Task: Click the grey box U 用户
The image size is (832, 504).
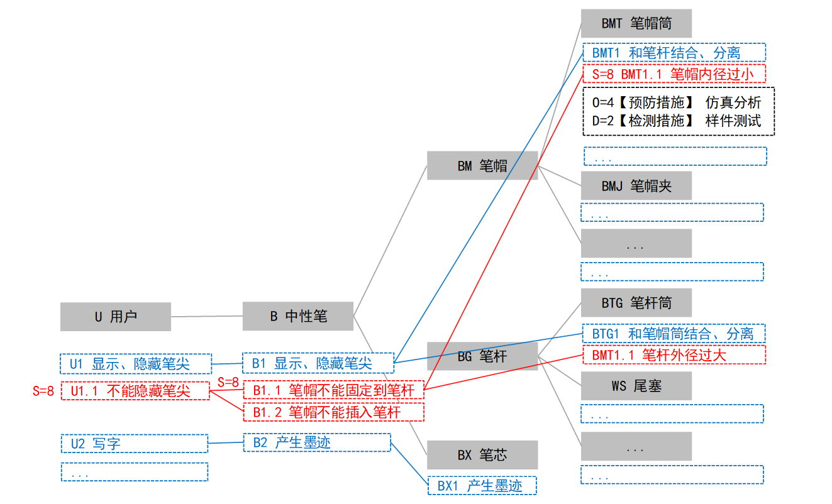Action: [116, 317]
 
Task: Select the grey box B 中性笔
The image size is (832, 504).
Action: [298, 316]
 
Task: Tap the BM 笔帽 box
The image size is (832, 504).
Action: [482, 166]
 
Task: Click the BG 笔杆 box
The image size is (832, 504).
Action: [482, 356]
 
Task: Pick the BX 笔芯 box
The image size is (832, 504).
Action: [482, 455]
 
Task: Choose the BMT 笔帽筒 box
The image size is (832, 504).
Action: [636, 23]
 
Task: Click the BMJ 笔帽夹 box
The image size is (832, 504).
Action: [636, 186]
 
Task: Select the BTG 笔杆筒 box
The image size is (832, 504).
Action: [636, 303]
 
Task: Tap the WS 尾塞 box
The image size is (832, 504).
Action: [636, 386]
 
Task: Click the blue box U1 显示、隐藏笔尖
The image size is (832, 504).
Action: [134, 364]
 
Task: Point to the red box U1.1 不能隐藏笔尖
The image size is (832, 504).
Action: [134, 391]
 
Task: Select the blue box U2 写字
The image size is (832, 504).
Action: [134, 444]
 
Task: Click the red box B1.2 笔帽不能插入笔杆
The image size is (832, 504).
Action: [334, 412]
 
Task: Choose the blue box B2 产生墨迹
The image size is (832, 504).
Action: [317, 442]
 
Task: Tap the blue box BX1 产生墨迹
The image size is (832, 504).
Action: [482, 485]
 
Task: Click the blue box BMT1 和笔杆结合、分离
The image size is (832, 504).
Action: [674, 53]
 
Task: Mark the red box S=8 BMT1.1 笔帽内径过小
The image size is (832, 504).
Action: [674, 74]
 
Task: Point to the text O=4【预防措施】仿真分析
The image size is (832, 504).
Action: [677, 102]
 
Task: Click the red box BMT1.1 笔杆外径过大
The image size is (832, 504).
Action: [674, 354]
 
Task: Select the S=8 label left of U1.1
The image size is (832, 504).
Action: [43, 391]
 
